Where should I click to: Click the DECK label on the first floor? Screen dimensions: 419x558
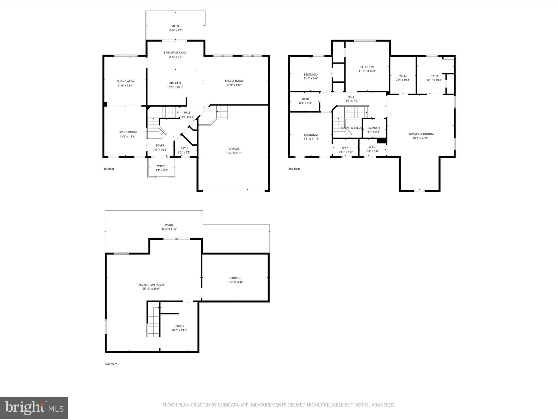pyautogui.click(x=175, y=26)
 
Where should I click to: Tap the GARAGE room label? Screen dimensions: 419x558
pyautogui.click(x=234, y=149)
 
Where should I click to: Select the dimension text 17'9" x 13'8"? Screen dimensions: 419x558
pyautogui.click(x=234, y=85)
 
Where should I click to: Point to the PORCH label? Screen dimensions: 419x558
pyautogui.click(x=162, y=166)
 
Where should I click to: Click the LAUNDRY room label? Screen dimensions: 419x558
pyautogui.click(x=374, y=128)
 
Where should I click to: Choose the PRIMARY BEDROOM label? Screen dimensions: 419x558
pyautogui.click(x=420, y=134)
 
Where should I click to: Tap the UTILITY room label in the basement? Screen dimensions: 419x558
pyautogui.click(x=179, y=326)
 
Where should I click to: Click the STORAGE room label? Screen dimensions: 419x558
pyautogui.click(x=235, y=278)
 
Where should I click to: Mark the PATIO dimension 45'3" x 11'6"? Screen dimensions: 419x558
pyautogui.click(x=169, y=229)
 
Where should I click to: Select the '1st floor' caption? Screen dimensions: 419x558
pyautogui.click(x=109, y=169)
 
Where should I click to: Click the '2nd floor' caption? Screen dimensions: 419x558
pyautogui.click(x=294, y=169)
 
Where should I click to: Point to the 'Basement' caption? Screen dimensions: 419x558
pyautogui.click(x=111, y=364)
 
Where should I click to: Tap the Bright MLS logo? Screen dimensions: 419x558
pyautogui.click(x=34, y=408)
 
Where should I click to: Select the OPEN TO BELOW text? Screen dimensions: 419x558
pyautogui.click(x=352, y=128)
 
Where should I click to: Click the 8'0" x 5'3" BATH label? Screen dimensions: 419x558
pyautogui.click(x=305, y=99)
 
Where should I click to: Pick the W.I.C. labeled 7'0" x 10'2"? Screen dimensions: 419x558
pyautogui.click(x=403, y=76)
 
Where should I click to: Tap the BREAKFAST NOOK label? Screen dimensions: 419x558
pyautogui.click(x=175, y=53)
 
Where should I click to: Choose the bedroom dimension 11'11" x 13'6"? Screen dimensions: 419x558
pyautogui.click(x=367, y=71)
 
